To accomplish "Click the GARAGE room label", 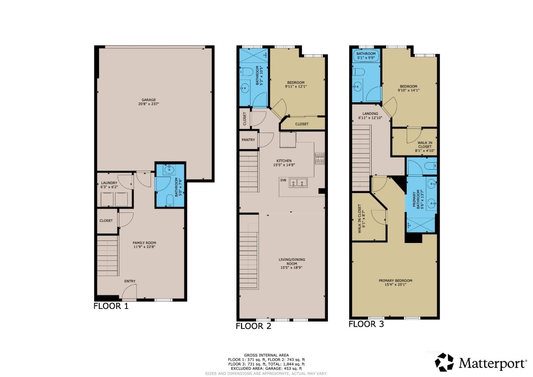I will click(148, 100).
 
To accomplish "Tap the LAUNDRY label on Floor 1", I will click(109, 183).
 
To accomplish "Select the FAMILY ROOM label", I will click(144, 243).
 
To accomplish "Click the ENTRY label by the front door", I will click(130, 281).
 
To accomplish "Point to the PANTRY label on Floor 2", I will click(248, 140).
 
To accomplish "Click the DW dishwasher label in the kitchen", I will click(283, 180).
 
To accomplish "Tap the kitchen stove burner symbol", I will click(319, 158).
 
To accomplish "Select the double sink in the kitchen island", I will click(298, 182).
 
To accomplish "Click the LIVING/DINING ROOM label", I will click(292, 261).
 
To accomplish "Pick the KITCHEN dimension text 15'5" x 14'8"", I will click(284, 165).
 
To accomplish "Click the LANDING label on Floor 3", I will click(370, 114).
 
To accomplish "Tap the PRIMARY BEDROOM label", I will click(395, 281).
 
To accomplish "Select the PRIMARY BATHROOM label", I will click(417, 199).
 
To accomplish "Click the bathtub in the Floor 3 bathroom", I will click(366, 56).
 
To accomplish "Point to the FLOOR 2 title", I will click(253, 326).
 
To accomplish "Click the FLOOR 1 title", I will click(111, 306).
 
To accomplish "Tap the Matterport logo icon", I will click(444, 362).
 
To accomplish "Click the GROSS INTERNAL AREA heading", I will click(266, 355).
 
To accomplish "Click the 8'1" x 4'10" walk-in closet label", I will click(425, 151).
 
